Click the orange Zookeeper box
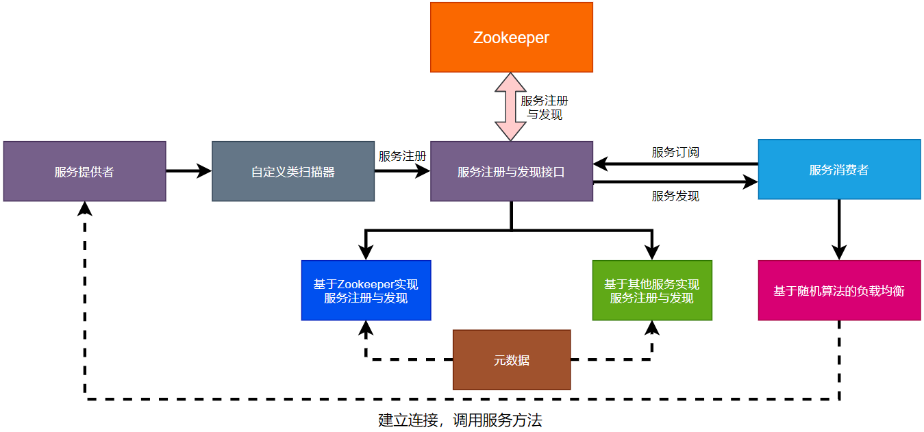pos(511,38)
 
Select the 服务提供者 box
pos(84,171)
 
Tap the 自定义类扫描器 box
pos(293,171)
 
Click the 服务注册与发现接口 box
pos(511,171)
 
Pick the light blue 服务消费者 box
pos(839,170)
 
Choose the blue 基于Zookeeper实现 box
pos(366,290)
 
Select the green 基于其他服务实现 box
pos(651,290)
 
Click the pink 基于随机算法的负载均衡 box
pos(839,290)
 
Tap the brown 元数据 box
pos(511,359)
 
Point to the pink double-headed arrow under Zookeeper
pos(511,107)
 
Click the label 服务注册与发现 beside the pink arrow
pos(545,107)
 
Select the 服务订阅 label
pos(675,152)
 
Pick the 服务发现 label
pos(675,196)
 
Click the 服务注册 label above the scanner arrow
pos(402,156)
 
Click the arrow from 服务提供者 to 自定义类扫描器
pos(188,171)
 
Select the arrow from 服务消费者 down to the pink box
pos(839,229)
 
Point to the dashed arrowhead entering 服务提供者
pos(85,208)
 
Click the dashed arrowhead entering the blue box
pos(366,328)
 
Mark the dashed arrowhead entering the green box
pos(651,328)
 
